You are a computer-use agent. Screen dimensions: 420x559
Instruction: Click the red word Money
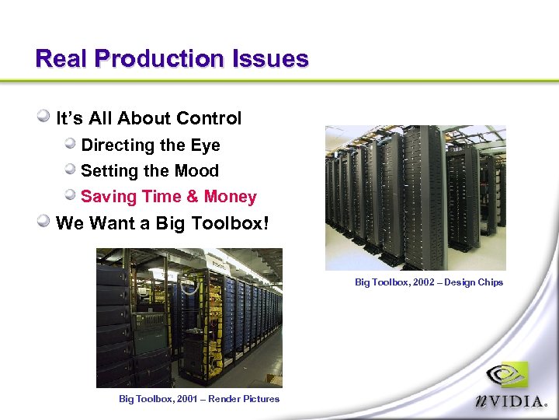tap(231, 197)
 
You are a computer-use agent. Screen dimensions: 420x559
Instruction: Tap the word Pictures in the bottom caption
tap(261, 399)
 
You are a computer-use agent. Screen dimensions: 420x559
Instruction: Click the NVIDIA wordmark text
tap(510, 401)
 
